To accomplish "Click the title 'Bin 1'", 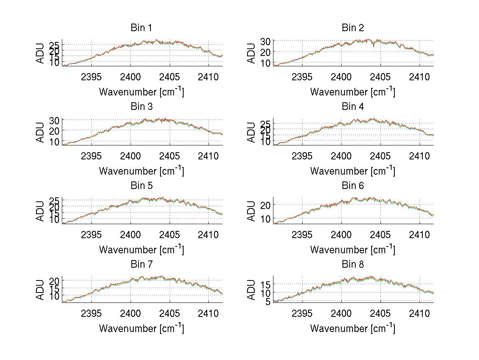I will [x=141, y=28].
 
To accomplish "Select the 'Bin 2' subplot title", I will [x=352, y=28].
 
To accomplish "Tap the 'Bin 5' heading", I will [x=141, y=186].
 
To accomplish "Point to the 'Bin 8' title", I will [x=352, y=265].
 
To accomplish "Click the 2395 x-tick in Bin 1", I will [x=91, y=77].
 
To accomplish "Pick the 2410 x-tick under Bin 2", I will [x=419, y=77].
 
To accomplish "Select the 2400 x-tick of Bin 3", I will [x=131, y=155].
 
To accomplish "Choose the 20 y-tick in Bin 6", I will [x=265, y=205].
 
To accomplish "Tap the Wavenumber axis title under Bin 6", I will [x=352, y=250].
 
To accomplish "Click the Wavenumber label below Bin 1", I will [x=141, y=92].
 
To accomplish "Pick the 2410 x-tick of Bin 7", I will [x=208, y=313].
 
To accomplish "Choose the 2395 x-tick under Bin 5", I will [x=91, y=235].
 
